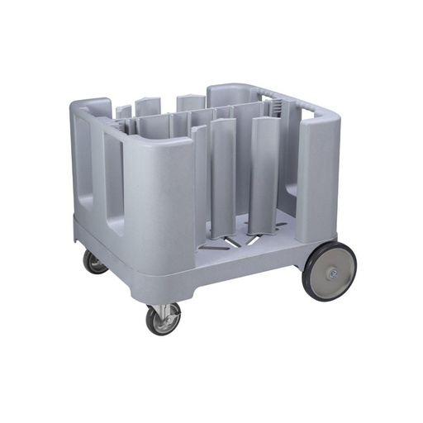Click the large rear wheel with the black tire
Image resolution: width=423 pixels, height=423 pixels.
330,273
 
